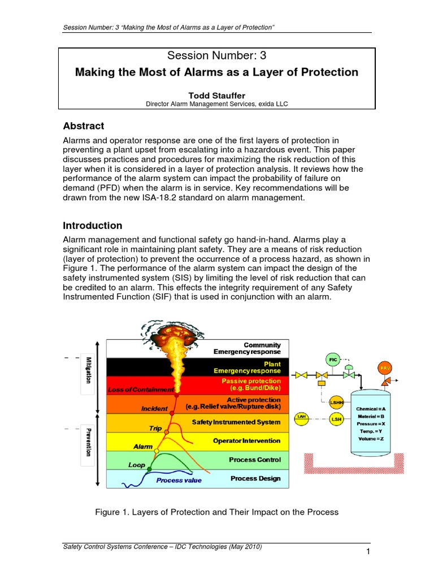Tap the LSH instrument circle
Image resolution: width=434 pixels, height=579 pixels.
tap(336, 419)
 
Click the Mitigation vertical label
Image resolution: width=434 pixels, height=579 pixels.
tap(88, 370)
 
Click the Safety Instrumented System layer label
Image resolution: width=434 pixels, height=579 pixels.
tap(236, 422)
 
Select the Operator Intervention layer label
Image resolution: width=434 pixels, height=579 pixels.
tap(246, 440)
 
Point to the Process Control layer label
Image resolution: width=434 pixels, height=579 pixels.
tap(254, 460)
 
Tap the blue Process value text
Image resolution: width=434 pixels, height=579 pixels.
tap(179, 481)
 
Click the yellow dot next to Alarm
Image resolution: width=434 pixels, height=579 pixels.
tap(157, 451)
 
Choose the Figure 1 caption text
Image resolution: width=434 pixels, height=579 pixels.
tap(217, 512)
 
